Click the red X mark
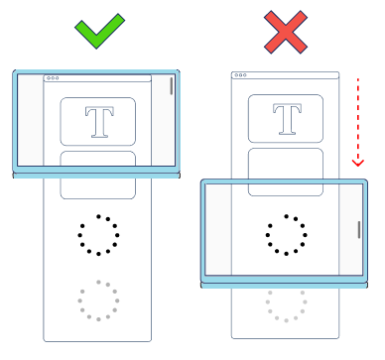286,32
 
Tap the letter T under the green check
99,122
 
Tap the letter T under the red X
287,119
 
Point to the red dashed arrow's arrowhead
358,163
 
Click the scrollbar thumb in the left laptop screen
171,86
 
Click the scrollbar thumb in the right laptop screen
359,230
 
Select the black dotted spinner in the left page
98,235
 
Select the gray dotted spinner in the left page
98,300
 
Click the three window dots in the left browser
53,78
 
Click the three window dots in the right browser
241,75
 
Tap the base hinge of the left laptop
96,176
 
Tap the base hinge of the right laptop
285,285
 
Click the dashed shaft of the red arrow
358,119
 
